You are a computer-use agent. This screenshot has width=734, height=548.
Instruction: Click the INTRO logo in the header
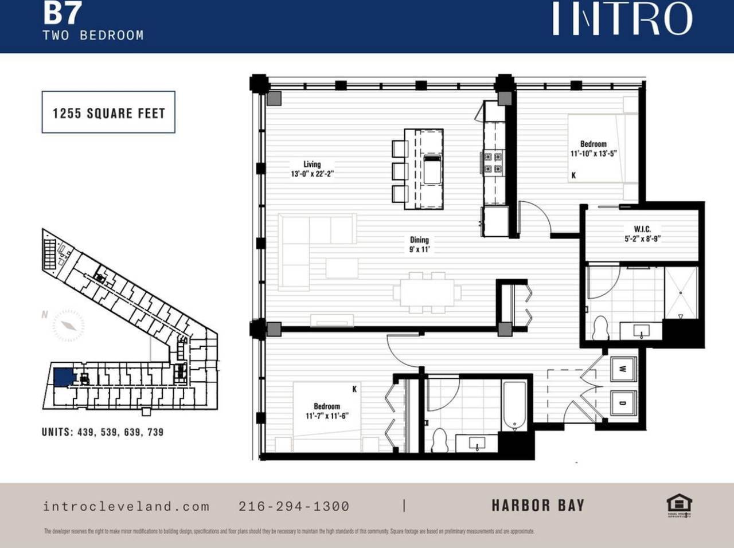622,18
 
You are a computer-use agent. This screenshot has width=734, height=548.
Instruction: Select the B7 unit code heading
62,13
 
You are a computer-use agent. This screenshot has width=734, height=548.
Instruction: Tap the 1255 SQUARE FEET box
108,113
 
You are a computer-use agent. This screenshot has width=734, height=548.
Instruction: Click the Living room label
312,165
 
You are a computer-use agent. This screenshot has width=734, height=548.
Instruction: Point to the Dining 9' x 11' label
419,244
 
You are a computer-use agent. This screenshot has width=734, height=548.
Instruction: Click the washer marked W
622,369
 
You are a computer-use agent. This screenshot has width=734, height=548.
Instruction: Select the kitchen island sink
432,169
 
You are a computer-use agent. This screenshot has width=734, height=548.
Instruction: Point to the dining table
427,293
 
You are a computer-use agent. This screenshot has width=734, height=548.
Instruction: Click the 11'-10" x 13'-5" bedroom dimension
593,154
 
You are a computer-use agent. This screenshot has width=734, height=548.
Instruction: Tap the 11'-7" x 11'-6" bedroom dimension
327,416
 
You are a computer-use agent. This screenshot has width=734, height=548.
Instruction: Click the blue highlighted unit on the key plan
64,377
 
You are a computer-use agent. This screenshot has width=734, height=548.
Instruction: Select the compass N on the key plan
45,314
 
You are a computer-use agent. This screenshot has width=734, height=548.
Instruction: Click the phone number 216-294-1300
294,506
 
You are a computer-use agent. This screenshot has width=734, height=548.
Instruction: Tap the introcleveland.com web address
126,506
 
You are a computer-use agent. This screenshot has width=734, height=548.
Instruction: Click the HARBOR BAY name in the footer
537,506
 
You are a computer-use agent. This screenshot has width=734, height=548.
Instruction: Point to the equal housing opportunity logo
679,505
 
